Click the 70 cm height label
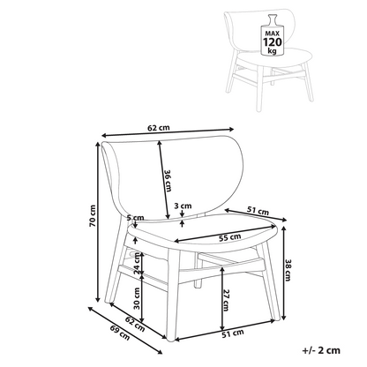click(93, 215)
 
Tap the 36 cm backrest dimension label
click(168, 181)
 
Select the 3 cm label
click(183, 206)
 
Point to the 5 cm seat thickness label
click(136, 218)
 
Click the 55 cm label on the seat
click(229, 237)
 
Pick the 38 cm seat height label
click(288, 270)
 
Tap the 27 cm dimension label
click(226, 300)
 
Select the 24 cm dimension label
click(137, 264)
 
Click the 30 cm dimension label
click(137, 298)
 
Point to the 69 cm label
click(120, 333)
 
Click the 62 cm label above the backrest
click(159, 128)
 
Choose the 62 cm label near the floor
click(135, 324)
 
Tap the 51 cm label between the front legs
click(233, 333)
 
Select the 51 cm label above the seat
click(258, 211)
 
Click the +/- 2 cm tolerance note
click(321, 350)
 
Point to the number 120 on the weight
click(272, 42)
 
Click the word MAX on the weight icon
click(272, 34)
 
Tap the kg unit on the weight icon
click(272, 50)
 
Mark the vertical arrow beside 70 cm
click(98, 222)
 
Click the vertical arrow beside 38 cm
click(284, 273)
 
